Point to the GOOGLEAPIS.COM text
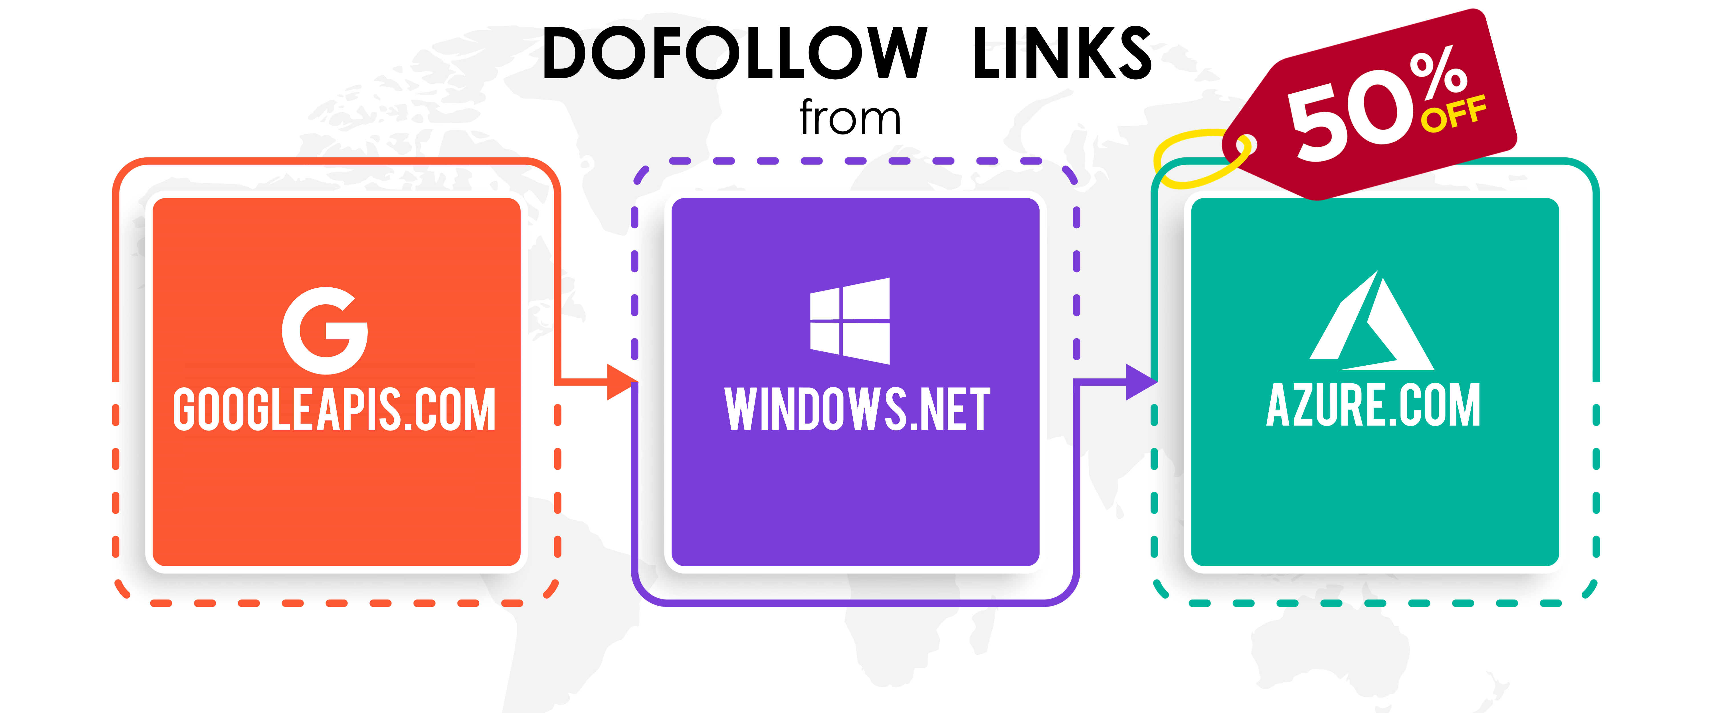(334, 409)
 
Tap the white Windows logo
(850, 321)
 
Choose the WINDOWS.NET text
(857, 409)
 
